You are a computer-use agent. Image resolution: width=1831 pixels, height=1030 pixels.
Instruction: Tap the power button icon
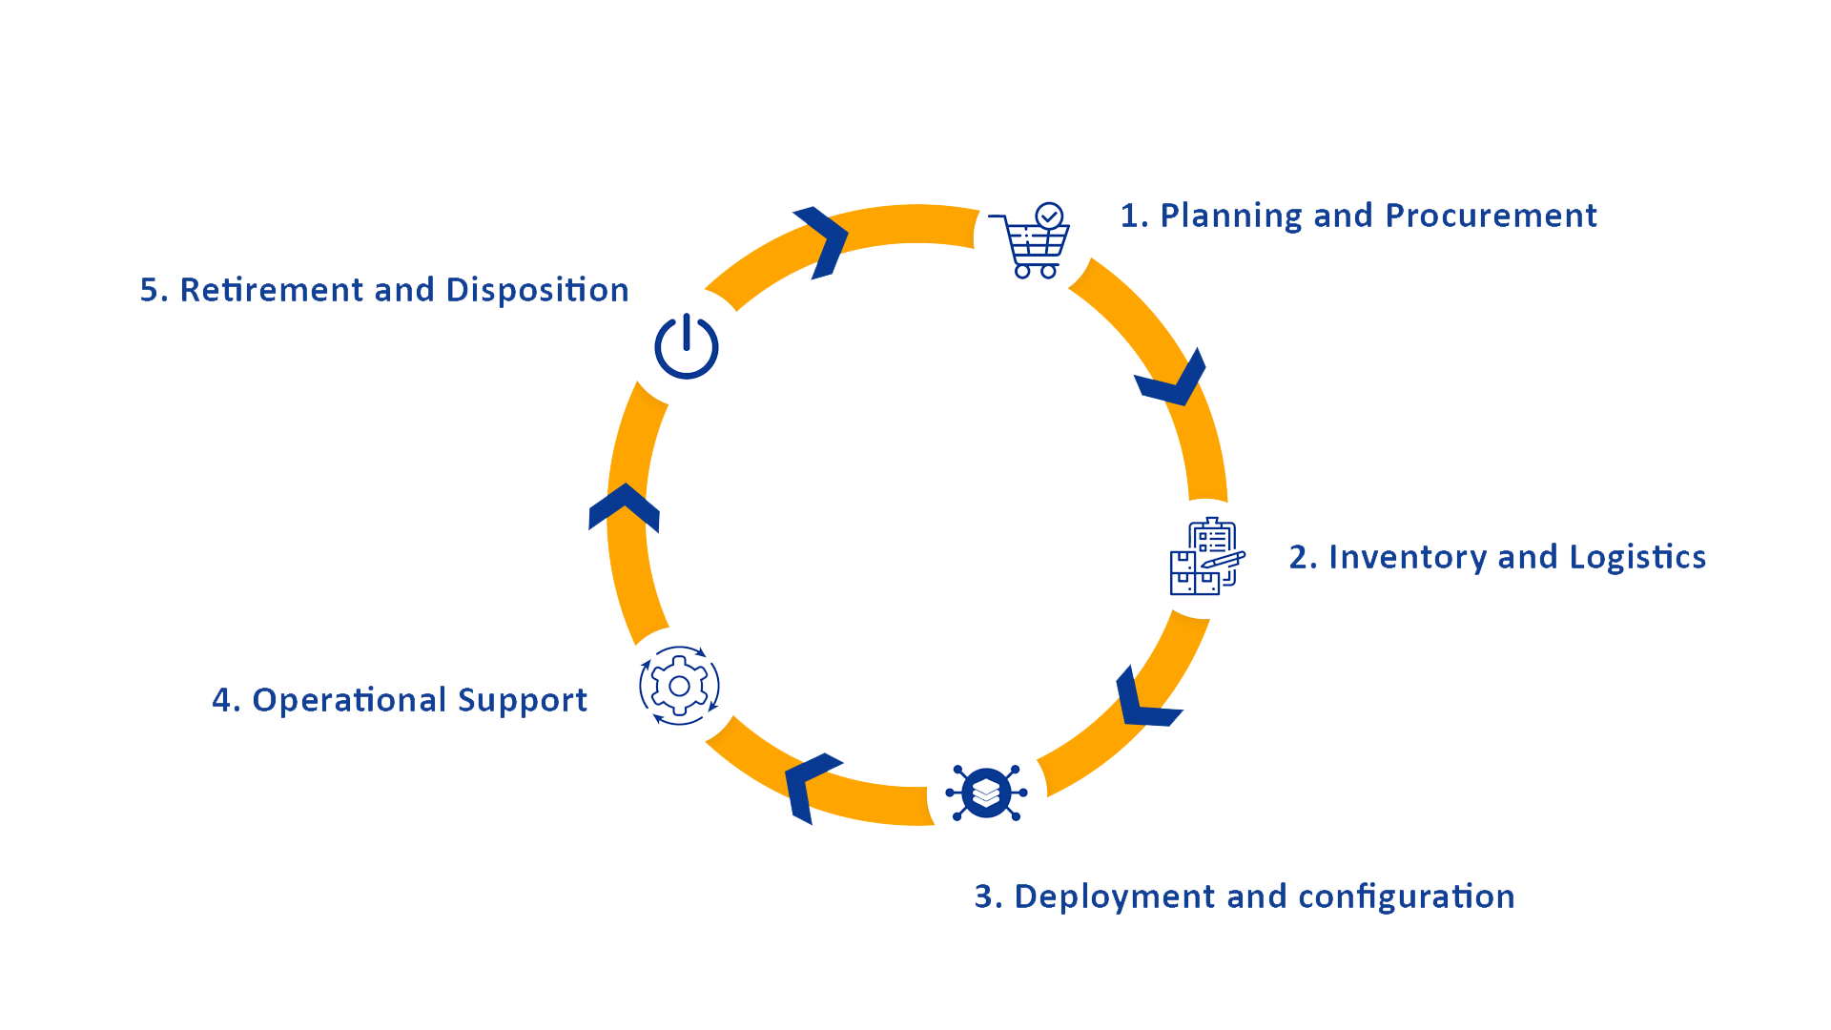(687, 346)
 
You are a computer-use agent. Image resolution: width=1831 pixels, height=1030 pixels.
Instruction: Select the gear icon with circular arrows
(679, 686)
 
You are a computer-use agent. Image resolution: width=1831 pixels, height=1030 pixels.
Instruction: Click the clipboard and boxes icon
(1207, 557)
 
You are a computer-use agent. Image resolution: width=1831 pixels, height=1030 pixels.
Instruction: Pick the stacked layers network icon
(986, 793)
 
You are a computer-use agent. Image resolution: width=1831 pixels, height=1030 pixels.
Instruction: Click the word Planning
(1231, 216)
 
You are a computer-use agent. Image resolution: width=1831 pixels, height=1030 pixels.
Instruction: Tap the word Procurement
(1491, 216)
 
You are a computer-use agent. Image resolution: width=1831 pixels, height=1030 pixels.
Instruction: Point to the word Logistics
(1637, 557)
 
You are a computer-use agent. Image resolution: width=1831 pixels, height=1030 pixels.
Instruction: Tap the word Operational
(350, 701)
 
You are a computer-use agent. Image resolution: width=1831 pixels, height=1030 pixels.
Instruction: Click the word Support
(523, 701)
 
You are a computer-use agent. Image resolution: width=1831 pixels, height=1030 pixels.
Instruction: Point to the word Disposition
(537, 290)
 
